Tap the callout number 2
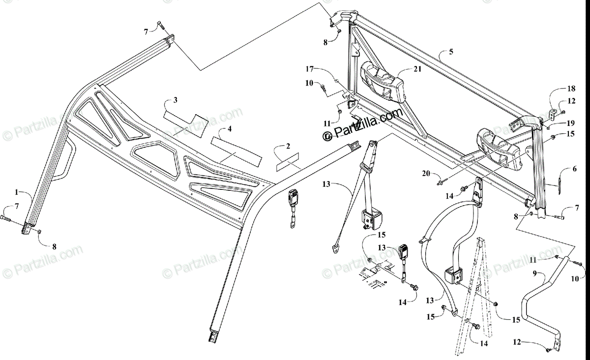pos(288,147)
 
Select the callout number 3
pos(176,100)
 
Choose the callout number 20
pos(426,173)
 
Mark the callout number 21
pos(417,70)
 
